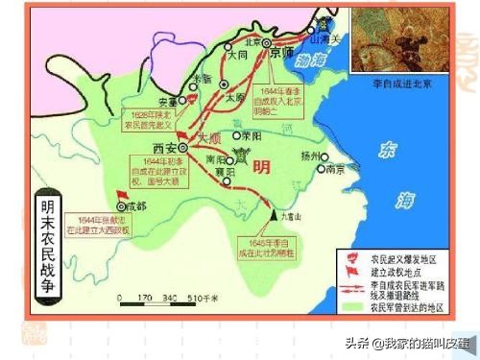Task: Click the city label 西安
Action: point(153,148)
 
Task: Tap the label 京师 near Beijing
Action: point(280,56)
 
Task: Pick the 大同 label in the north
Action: point(237,57)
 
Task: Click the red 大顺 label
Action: point(208,138)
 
